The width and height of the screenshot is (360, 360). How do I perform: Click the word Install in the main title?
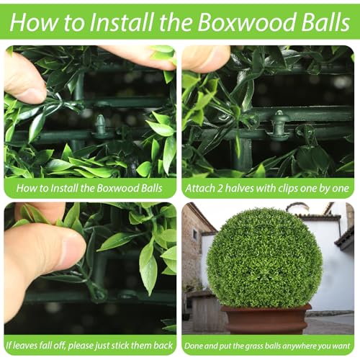[x=122, y=22]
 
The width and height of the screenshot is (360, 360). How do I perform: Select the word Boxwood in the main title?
[x=247, y=22]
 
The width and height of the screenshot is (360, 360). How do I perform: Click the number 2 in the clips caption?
[x=220, y=188]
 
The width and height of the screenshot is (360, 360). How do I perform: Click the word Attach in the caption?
[x=199, y=188]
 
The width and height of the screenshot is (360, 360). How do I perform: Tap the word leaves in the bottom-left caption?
[x=24, y=346]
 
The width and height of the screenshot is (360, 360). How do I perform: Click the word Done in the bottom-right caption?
[x=192, y=346]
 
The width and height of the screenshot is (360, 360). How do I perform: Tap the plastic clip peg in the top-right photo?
[x=279, y=125]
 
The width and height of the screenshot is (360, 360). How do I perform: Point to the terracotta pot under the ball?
[x=266, y=319]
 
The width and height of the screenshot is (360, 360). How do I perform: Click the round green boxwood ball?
[x=264, y=258]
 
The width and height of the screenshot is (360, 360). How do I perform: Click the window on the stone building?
[x=195, y=235]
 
